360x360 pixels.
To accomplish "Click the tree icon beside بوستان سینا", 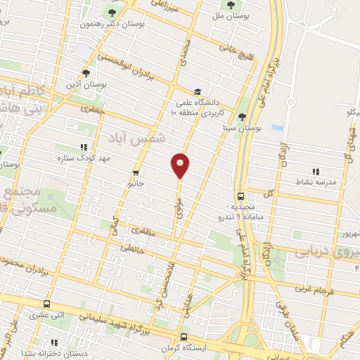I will coord(243,117).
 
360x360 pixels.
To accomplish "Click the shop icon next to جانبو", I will coord(136,172).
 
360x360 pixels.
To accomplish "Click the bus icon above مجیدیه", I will coord(241,197).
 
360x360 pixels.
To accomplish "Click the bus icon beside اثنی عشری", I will coord(47,304).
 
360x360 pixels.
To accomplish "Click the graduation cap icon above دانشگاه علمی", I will coord(199,91).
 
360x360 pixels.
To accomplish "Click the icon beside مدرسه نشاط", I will coord(316,171).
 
